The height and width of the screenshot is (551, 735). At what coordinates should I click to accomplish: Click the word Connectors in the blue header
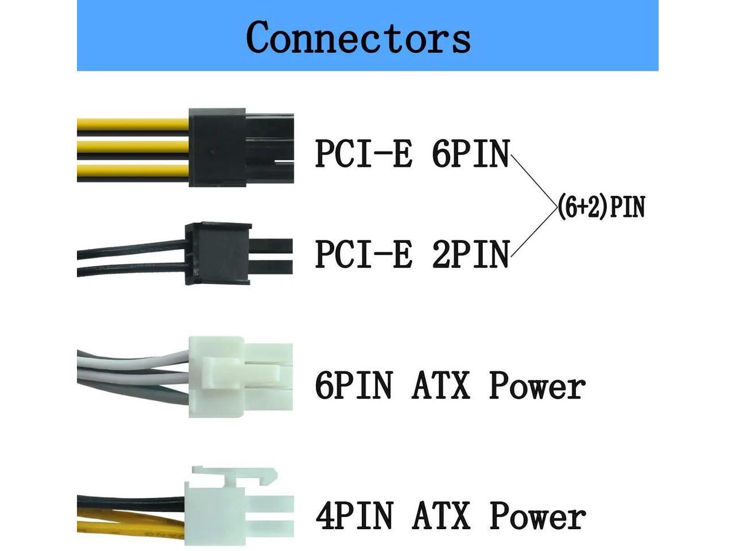pos(358,37)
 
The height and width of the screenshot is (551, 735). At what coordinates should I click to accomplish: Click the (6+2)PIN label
pos(601,207)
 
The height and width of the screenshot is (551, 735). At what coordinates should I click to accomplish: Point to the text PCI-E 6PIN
pos(412,153)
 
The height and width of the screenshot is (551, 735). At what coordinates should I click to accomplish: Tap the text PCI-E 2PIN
pos(412,254)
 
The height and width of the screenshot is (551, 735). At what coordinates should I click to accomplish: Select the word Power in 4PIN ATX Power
pos(537,515)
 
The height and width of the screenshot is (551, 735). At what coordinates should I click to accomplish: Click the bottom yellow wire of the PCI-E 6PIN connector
pos(132,170)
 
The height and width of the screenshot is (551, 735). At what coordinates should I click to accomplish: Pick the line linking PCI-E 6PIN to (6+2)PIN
pos(533,178)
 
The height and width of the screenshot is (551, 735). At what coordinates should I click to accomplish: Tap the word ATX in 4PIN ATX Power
pos(450,515)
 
